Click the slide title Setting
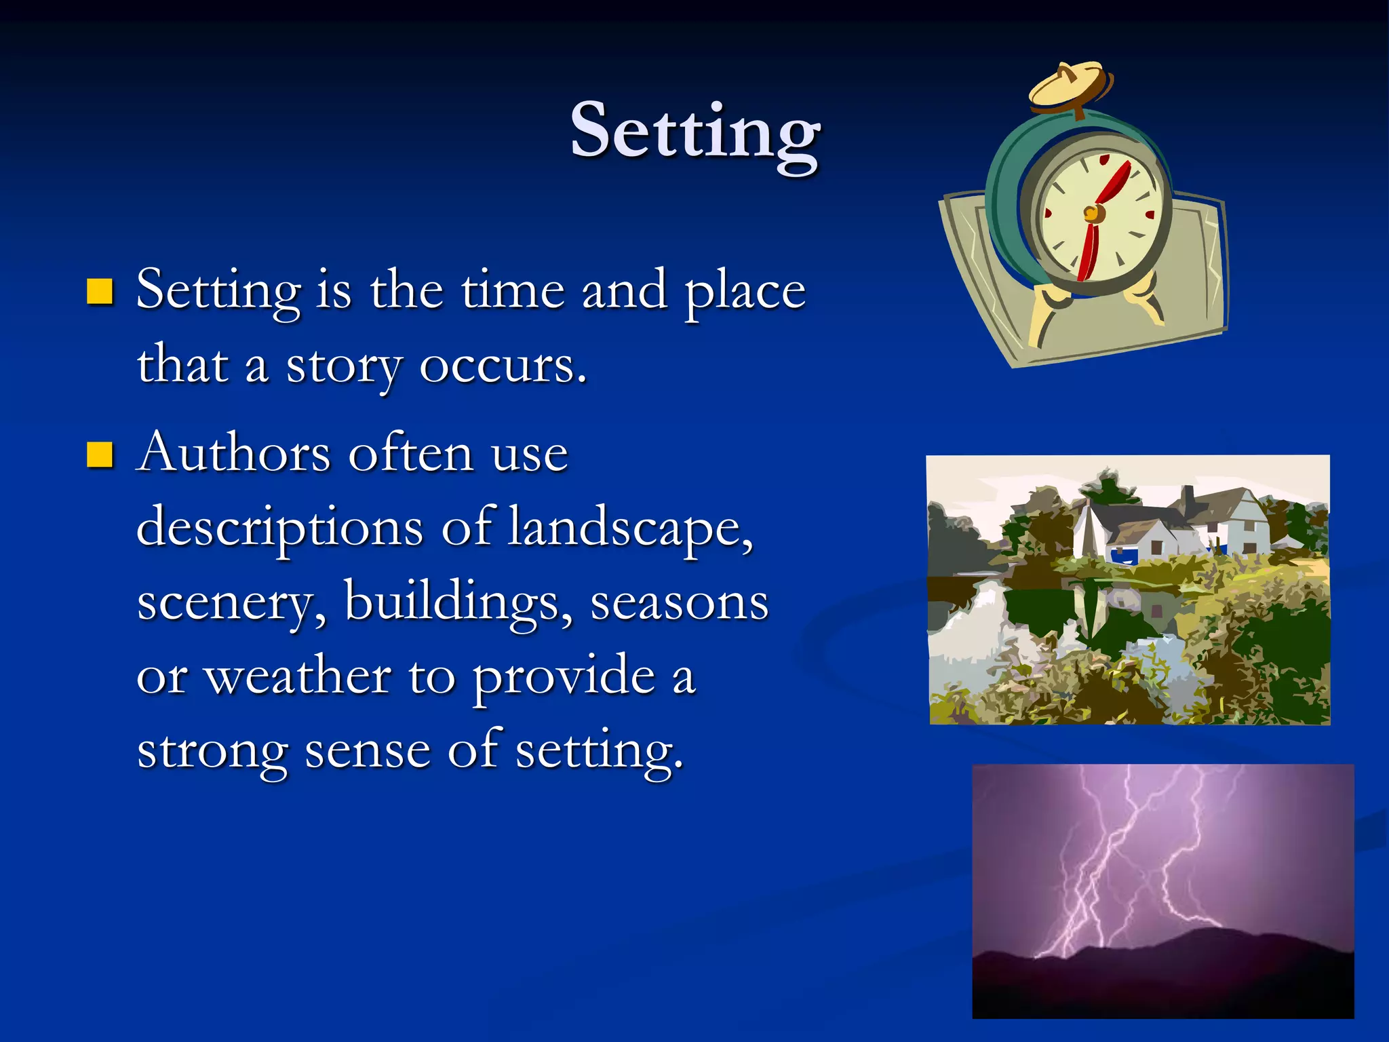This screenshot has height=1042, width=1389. (x=694, y=132)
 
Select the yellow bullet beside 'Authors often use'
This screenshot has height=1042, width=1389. (x=100, y=455)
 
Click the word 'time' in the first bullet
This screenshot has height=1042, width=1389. (x=512, y=290)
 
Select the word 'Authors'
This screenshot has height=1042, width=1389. (x=233, y=453)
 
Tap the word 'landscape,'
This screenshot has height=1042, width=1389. (x=631, y=528)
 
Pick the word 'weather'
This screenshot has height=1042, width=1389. (x=298, y=677)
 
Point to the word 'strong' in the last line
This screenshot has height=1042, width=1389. (x=212, y=752)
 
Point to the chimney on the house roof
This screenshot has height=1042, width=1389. (x=1188, y=501)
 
